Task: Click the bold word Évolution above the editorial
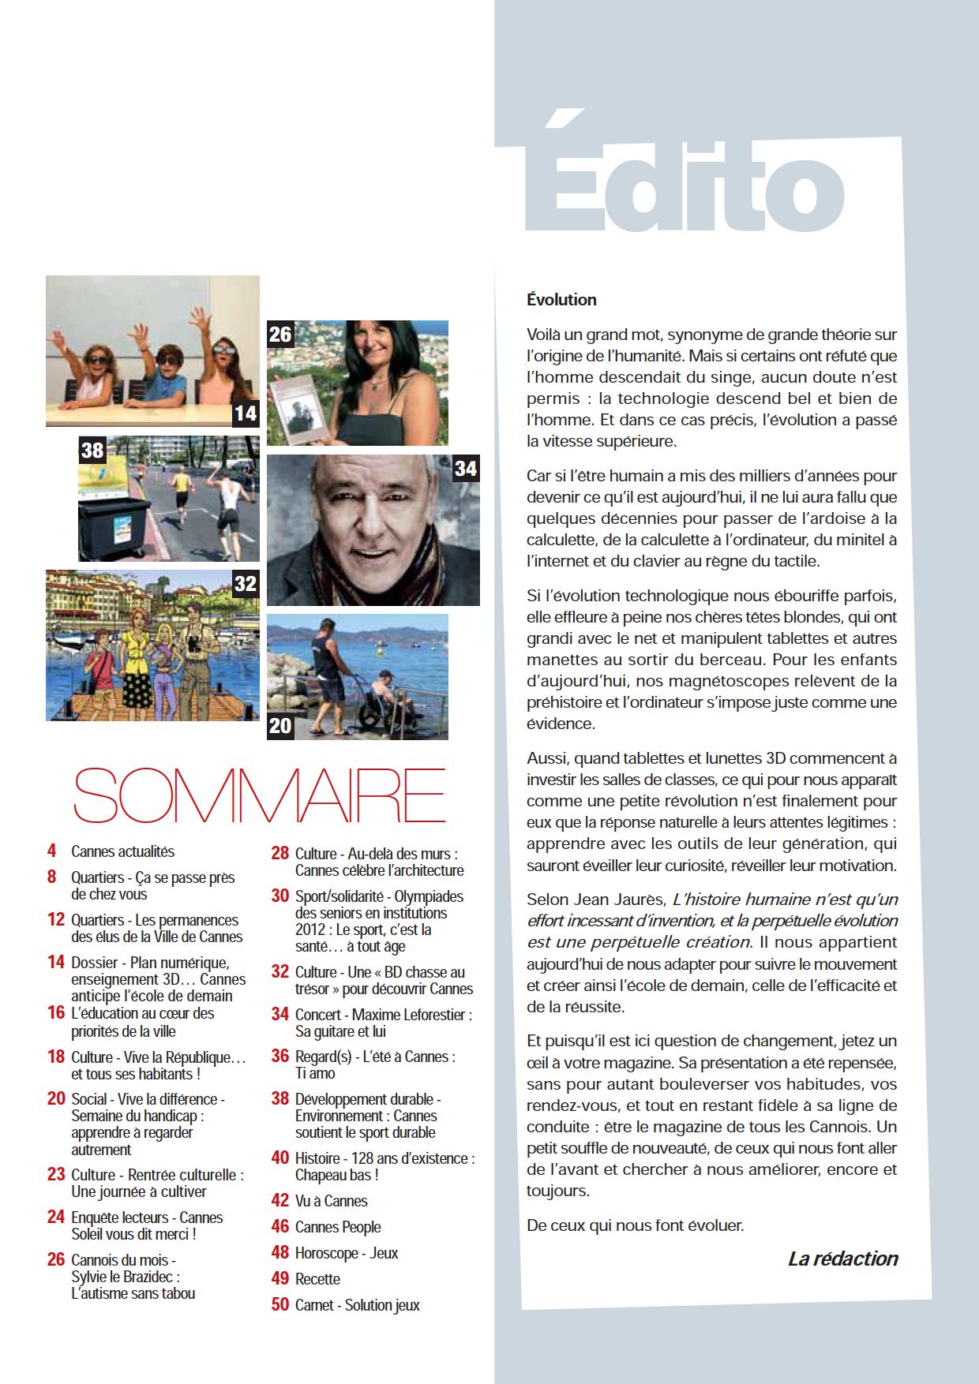(561, 300)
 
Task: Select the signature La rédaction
(842, 1259)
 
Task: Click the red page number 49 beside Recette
(279, 1279)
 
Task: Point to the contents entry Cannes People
(337, 1227)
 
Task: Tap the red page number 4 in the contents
(52, 851)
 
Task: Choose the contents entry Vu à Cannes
(331, 1201)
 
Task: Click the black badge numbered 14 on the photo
(246, 413)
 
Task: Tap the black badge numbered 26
(280, 335)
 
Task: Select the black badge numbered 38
(92, 450)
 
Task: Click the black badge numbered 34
(466, 469)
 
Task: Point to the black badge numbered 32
(246, 584)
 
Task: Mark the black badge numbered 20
(280, 725)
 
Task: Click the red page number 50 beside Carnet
(279, 1305)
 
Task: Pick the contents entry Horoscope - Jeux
(346, 1253)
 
